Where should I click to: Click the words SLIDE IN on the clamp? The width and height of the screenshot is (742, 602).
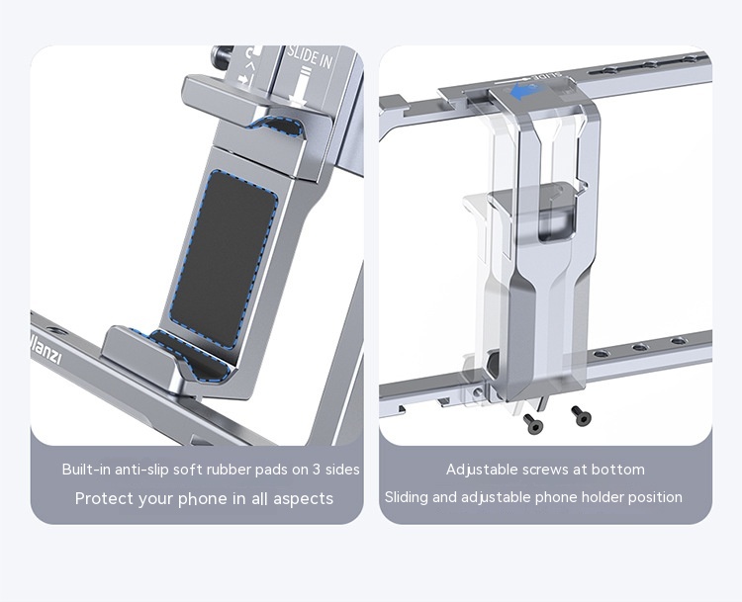pyautogui.click(x=310, y=56)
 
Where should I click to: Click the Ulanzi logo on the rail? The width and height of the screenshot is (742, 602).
pyautogui.click(x=46, y=350)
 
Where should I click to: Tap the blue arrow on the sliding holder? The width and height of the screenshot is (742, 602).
pyautogui.click(x=523, y=92)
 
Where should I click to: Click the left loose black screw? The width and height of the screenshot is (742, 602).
pyautogui.click(x=533, y=424)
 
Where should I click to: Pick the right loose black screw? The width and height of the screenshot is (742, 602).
pyautogui.click(x=581, y=415)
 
